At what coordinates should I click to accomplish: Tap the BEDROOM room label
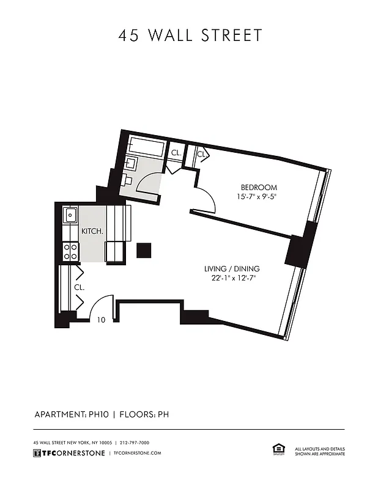[259, 188]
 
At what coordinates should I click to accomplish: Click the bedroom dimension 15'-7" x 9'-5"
[259, 197]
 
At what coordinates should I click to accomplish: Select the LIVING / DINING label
[232, 269]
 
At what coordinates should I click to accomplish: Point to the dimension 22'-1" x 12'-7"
[232, 278]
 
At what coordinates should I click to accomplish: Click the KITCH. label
[92, 232]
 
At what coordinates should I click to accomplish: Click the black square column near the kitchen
[144, 250]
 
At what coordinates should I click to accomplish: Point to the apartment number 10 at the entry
[101, 320]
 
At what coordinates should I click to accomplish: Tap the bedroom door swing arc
[205, 199]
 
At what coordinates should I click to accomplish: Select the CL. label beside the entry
[79, 286]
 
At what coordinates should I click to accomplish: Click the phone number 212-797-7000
[135, 443]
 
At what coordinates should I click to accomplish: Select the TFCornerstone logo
[68, 453]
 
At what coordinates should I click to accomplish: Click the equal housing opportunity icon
[277, 450]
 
